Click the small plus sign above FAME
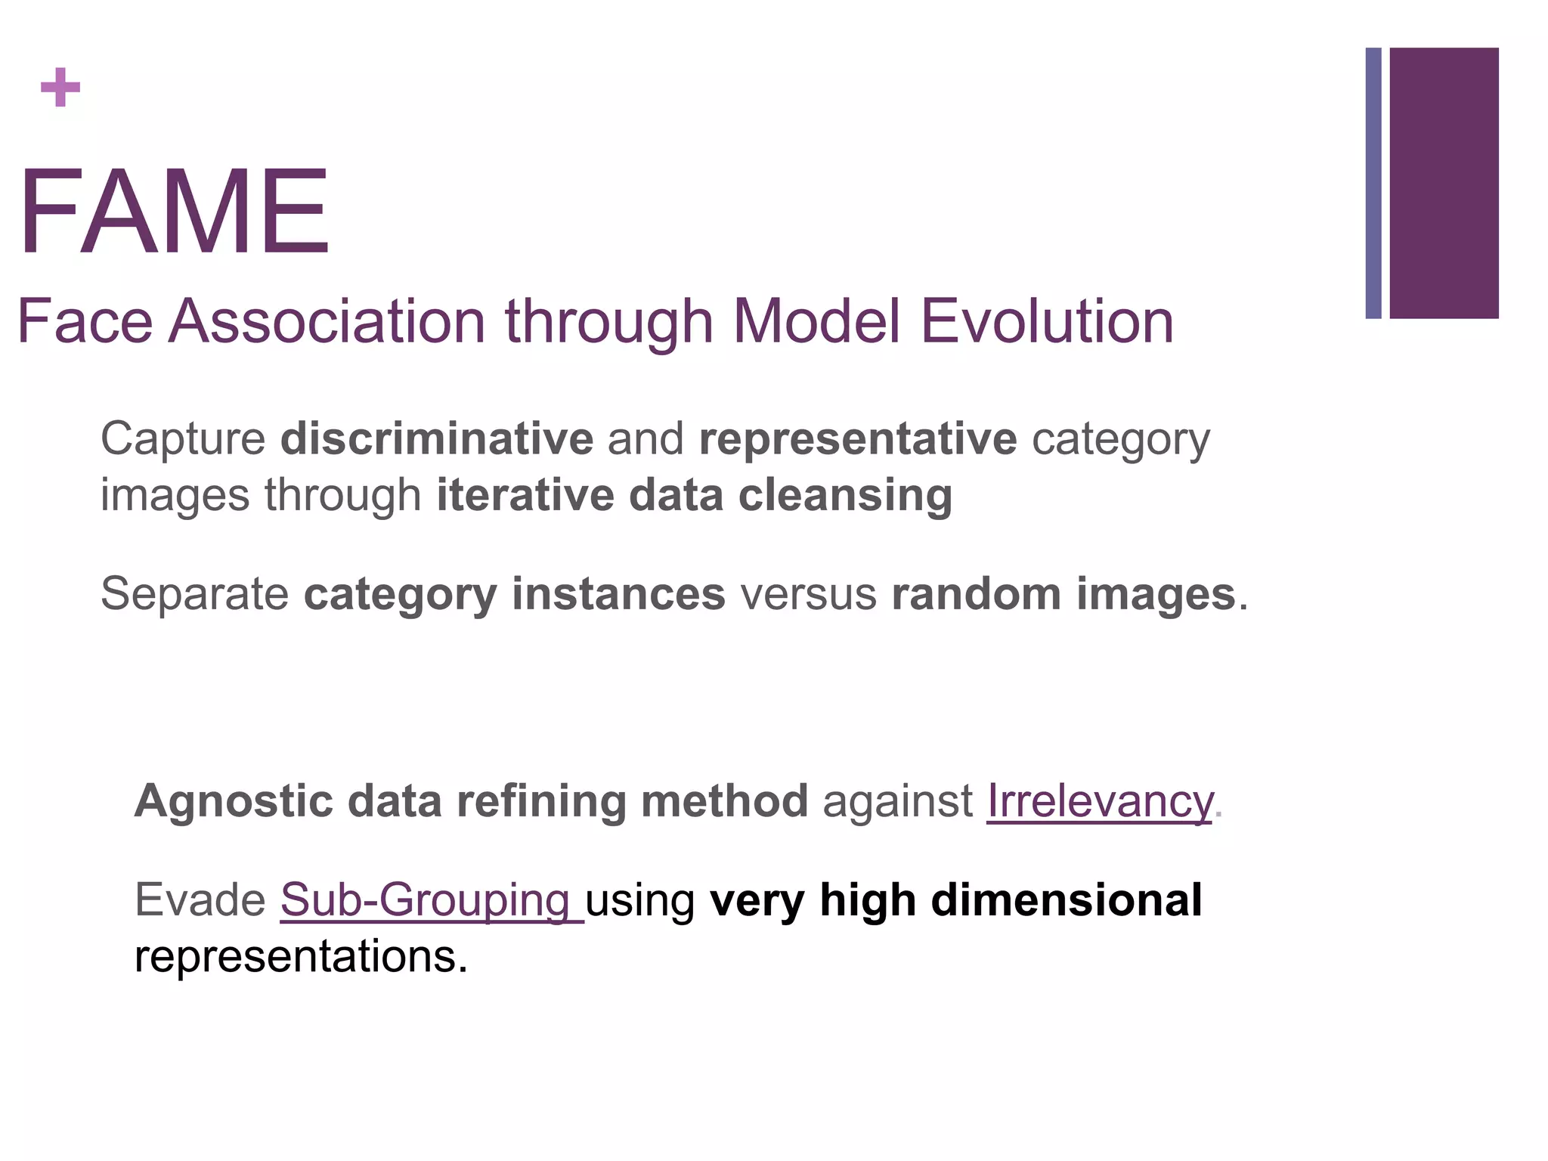coord(60,87)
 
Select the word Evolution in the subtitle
coord(1047,321)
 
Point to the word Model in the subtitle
coord(816,321)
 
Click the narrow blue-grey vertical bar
coord(1373,183)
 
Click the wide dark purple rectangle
coord(1444,183)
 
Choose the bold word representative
coord(858,440)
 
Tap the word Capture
coord(183,440)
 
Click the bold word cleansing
coord(845,496)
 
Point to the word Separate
coord(194,594)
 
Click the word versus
coord(808,595)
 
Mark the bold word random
coord(977,594)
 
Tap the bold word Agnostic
coord(234,801)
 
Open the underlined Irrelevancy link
coord(1100,801)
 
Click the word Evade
coord(200,900)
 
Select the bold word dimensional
coord(1066,901)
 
